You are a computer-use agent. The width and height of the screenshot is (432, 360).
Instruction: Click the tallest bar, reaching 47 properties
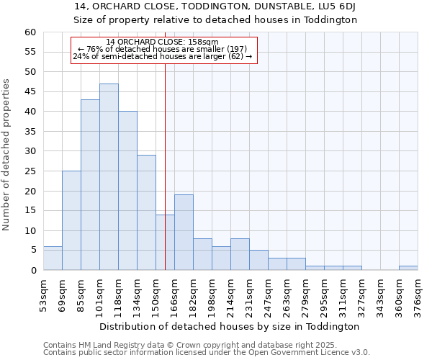coord(109,177)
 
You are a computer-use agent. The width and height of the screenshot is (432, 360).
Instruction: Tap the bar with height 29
coord(146,212)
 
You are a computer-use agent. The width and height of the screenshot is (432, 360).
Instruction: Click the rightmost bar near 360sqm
coord(408,268)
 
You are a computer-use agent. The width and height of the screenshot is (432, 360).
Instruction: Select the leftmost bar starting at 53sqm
coord(53,258)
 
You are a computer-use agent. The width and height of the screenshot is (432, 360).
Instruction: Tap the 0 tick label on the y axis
coord(32,270)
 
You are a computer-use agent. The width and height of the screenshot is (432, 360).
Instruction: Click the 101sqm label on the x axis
coord(100,295)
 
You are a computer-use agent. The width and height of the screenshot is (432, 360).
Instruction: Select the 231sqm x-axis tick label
coord(250,295)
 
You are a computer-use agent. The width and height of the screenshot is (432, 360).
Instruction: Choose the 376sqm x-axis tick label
coord(418,295)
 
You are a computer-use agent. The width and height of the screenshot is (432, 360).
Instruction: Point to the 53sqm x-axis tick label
coord(44,295)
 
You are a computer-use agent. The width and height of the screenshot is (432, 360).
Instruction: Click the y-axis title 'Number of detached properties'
coord(7,155)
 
